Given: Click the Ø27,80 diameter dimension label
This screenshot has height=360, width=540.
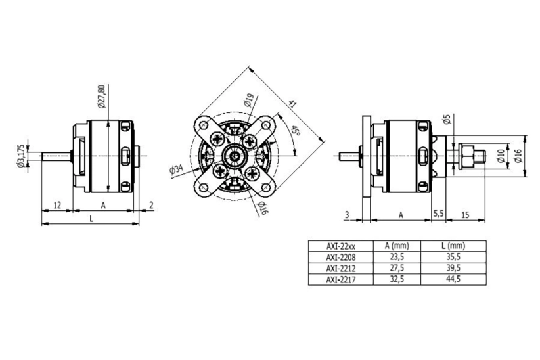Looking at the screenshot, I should tap(101, 96).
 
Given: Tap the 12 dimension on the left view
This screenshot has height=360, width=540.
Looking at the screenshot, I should tap(57, 205).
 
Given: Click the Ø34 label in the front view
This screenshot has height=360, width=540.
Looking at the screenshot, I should tap(177, 169).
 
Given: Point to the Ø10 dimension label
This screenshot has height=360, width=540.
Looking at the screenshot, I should tap(501, 156).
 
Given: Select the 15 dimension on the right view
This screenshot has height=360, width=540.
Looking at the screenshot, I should tap(465, 215).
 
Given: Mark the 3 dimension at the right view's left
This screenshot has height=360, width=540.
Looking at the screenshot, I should tap(346, 215).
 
